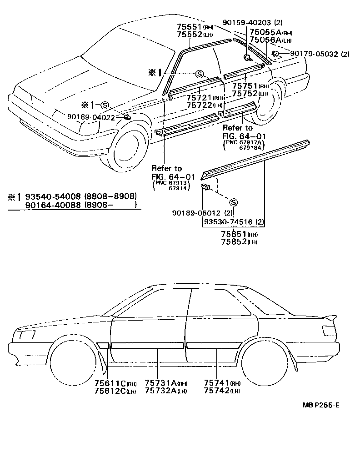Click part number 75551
click(x=189, y=26)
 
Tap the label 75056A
click(x=263, y=40)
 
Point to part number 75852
click(x=233, y=241)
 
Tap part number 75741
click(x=216, y=384)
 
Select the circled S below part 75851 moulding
click(x=233, y=202)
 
